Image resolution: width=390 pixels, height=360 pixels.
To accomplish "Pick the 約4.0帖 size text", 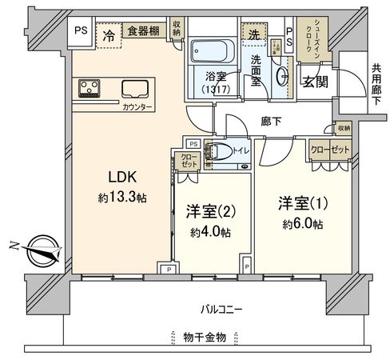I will click(209, 234).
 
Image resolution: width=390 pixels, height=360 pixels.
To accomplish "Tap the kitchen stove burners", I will click(90, 87).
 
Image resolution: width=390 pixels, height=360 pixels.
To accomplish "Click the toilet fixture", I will click(223, 150).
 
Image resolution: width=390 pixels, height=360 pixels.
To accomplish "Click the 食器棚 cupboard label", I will click(143, 31).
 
